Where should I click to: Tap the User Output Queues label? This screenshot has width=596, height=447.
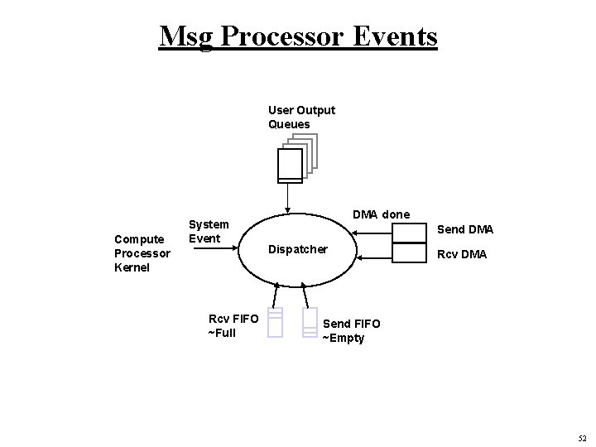(301, 118)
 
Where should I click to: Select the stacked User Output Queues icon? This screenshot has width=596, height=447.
(296, 161)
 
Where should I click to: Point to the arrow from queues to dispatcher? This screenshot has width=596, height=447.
(287, 199)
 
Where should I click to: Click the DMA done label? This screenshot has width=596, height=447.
(381, 214)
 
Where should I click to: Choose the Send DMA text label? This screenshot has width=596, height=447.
(464, 228)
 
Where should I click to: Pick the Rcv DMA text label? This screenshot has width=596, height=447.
(462, 254)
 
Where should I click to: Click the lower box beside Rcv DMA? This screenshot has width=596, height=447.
(408, 252)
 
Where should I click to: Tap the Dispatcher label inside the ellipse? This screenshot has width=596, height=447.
(297, 249)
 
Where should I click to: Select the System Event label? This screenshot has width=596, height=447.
(209, 232)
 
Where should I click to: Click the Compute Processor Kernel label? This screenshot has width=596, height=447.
(142, 254)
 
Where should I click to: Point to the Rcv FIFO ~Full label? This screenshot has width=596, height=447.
(233, 325)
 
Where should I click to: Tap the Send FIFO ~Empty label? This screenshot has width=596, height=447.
(351, 331)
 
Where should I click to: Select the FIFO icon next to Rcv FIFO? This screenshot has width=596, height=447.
(276, 322)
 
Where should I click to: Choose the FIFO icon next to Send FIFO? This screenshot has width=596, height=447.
(310, 322)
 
